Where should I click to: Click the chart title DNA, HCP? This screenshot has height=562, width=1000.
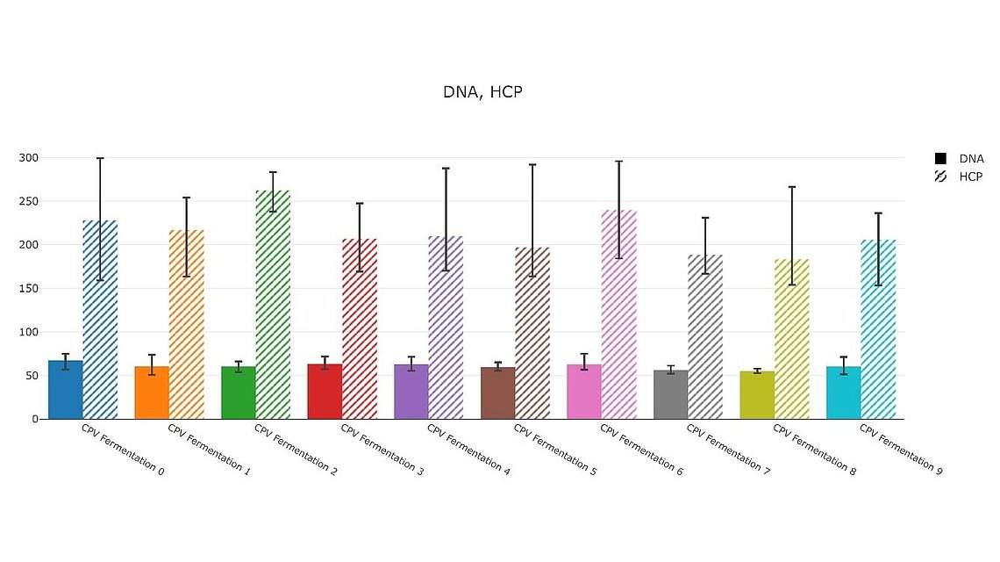click(482, 91)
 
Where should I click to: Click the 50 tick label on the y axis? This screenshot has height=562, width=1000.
click(32, 376)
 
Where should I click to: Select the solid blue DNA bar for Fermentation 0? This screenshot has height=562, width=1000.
click(66, 390)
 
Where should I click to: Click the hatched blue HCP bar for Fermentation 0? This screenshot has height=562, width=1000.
click(100, 320)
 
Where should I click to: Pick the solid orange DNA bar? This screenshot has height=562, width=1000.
click(152, 393)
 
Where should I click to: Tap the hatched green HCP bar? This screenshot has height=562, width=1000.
click(273, 305)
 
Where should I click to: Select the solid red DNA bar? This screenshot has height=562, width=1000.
click(325, 392)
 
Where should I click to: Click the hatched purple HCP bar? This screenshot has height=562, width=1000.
click(446, 328)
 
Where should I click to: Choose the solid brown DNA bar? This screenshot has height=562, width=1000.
click(497, 393)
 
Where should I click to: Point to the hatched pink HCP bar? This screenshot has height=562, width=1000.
click(618, 314)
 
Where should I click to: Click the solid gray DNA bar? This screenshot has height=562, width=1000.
click(671, 394)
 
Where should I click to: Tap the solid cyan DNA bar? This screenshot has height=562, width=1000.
click(844, 393)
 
